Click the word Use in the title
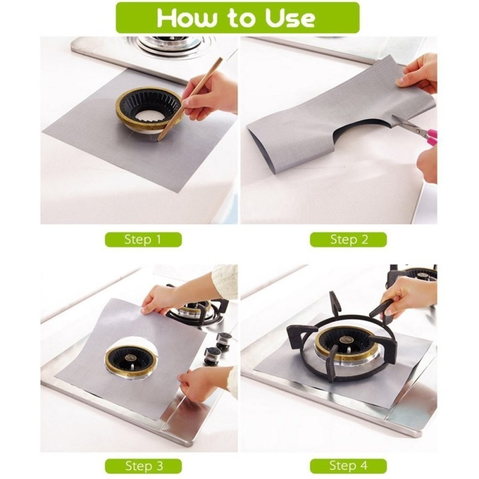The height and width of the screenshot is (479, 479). click(290, 18)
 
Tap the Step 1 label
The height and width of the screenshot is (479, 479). click(143, 239)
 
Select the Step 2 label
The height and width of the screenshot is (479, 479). click(348, 239)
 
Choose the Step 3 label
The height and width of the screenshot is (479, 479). click(143, 466)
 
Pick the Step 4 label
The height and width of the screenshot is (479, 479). click(348, 466)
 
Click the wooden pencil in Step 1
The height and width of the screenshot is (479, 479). click(184, 99)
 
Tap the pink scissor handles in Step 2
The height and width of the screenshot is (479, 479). click(431, 137)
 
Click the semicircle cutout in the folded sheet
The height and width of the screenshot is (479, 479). click(363, 130)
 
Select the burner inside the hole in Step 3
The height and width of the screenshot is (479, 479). click(131, 361)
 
